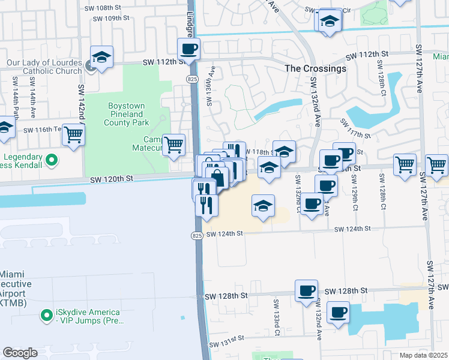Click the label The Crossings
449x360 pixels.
[315, 68]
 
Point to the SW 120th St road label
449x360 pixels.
[112, 179]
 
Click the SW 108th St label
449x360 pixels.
[111, 8]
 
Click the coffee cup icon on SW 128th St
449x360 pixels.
[306, 290]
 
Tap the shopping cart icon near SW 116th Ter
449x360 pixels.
[73, 134]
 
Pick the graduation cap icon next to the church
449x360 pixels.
[101, 58]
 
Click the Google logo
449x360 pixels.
[20, 353]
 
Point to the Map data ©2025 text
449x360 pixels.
[423, 355]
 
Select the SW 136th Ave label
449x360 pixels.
[211, 89]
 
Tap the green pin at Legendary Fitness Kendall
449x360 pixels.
[52, 160]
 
